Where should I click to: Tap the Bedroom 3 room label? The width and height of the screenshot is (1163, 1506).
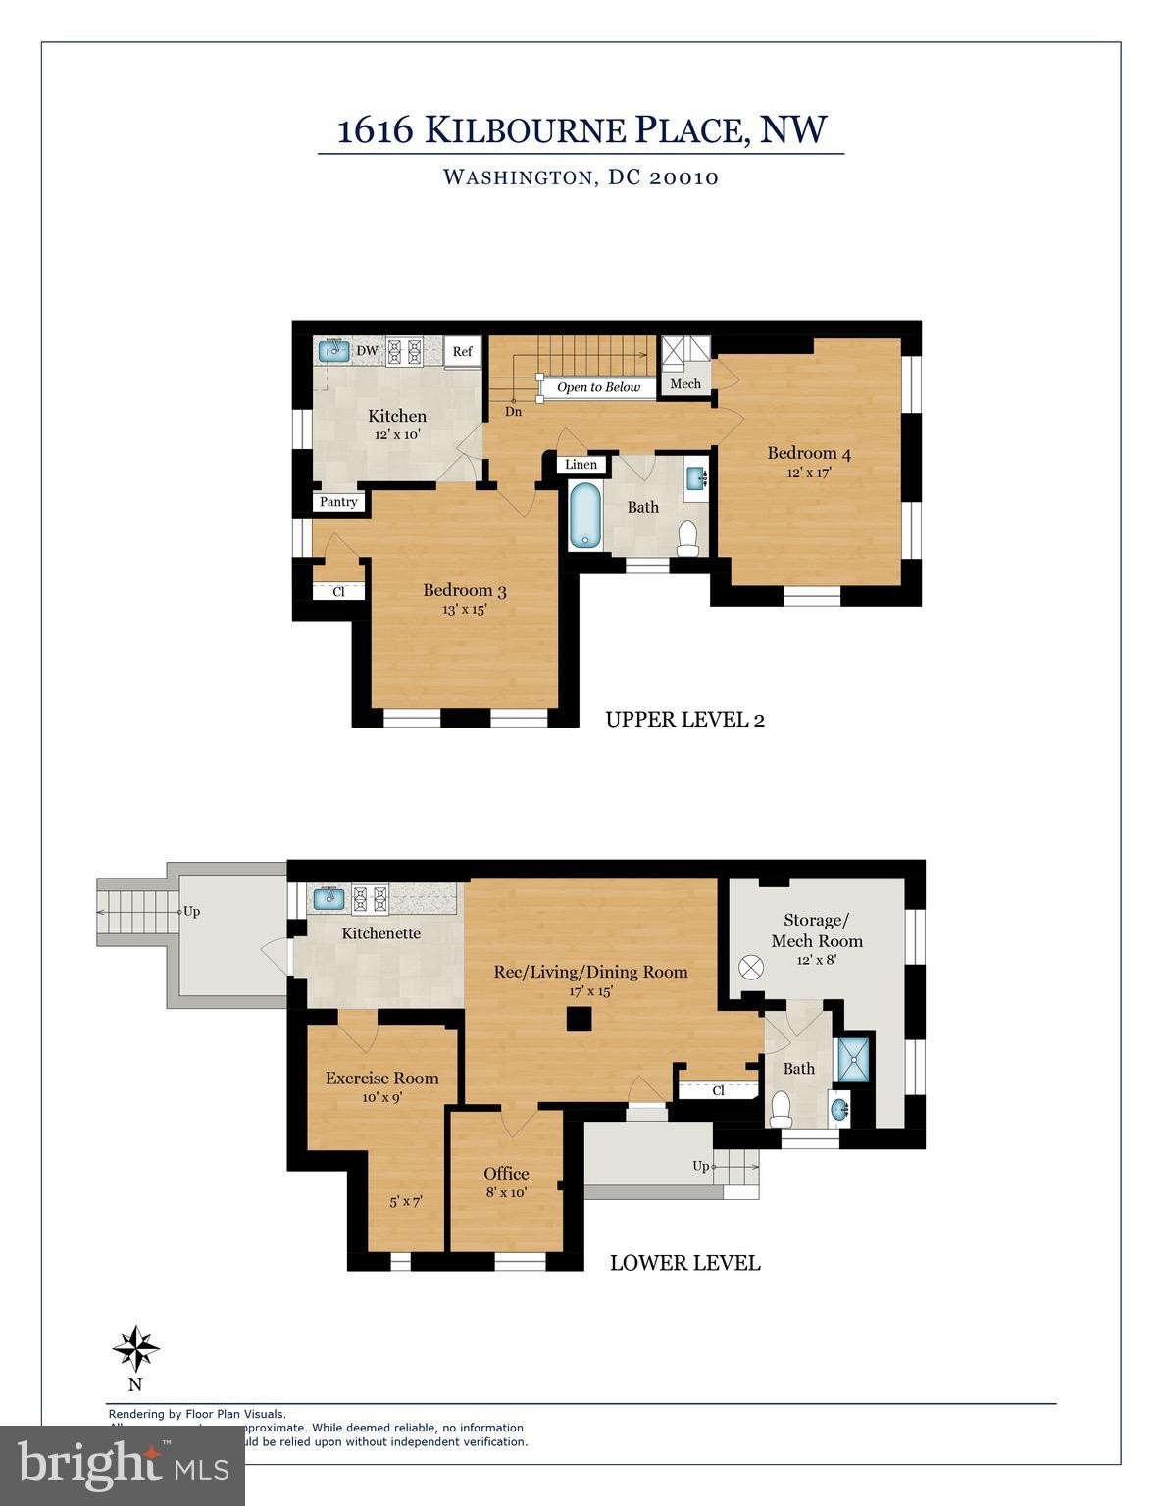pyautogui.click(x=464, y=590)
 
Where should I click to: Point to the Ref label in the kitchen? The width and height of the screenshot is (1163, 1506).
pyautogui.click(x=462, y=351)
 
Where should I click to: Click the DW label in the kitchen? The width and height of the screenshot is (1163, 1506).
pyautogui.click(x=367, y=350)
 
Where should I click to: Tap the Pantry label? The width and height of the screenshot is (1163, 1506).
pyautogui.click(x=338, y=502)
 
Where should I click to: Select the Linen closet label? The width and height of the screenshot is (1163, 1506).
pyautogui.click(x=581, y=464)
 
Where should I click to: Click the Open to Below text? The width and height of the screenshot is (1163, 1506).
pyautogui.click(x=598, y=387)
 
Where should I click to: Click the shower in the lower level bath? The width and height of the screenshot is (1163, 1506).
pyautogui.click(x=851, y=1059)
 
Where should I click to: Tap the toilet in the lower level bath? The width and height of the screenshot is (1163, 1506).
pyautogui.click(x=782, y=1109)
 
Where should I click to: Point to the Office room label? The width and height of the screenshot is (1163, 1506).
pyautogui.click(x=506, y=1174)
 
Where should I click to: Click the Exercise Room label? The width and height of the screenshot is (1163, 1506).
pyautogui.click(x=381, y=1078)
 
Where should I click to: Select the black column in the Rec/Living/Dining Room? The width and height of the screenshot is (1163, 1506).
pyautogui.click(x=580, y=1021)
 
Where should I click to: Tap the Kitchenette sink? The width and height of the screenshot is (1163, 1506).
pyautogui.click(x=329, y=896)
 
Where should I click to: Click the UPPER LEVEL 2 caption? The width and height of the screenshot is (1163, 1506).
pyautogui.click(x=684, y=720)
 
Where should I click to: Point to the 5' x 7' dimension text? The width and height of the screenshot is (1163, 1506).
pyautogui.click(x=405, y=1201)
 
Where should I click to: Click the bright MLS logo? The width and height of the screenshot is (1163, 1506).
pyautogui.click(x=123, y=1466)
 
